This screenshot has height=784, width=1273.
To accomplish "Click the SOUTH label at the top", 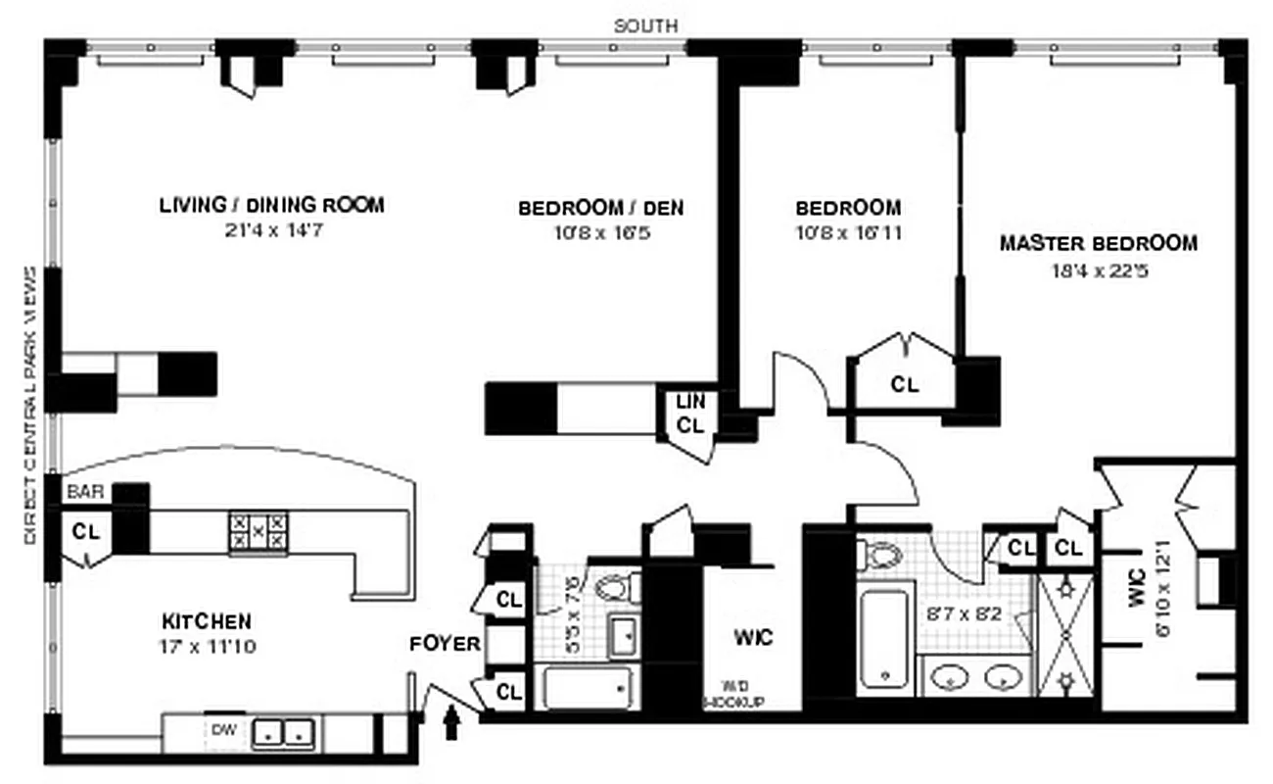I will tap(645, 25).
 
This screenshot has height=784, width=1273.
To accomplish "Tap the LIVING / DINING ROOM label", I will tap(271, 206).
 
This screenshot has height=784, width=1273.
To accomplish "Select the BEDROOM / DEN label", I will tap(600, 208).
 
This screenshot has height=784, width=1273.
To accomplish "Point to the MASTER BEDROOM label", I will tap(1098, 243).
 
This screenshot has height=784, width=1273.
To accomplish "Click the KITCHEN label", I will tap(207, 621).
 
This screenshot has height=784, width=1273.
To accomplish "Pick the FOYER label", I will tap(445, 644).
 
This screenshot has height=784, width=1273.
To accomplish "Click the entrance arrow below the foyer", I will tap(451, 724).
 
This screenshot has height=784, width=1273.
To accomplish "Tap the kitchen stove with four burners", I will tap(259, 530).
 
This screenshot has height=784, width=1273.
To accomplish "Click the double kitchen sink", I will tap(283, 732).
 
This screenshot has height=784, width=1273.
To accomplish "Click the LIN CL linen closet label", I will tap(691, 414).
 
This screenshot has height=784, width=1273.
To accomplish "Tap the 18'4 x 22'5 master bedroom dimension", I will tap(1098, 270).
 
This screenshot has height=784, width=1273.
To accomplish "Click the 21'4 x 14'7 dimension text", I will tap(271, 233).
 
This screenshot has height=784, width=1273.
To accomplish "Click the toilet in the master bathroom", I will tap(882, 556).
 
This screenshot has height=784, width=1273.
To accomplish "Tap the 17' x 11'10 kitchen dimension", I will tap(207, 647).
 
